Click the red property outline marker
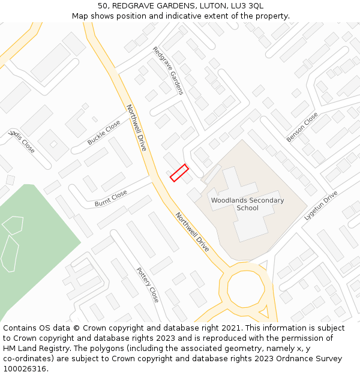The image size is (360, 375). pyautogui.click(x=179, y=173)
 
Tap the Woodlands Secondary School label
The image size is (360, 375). pyautogui.click(x=247, y=204)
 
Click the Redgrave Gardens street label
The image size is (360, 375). pyautogui.click(x=168, y=71)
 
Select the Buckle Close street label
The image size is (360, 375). pyautogui.click(x=104, y=133)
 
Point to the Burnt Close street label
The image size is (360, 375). pyautogui.click(x=111, y=199)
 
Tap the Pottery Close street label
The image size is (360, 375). pyautogui.click(x=148, y=284)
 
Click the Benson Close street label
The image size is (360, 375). pyautogui.click(x=302, y=127)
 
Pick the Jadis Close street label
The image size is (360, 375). pyautogui.click(x=22, y=141)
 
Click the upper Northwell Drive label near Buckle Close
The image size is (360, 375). pyautogui.click(x=137, y=127)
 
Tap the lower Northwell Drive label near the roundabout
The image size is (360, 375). pyautogui.click(x=192, y=231)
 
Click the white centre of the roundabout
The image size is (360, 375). pyautogui.click(x=245, y=289)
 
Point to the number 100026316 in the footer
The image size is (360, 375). pyautogui.click(x=24, y=368)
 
